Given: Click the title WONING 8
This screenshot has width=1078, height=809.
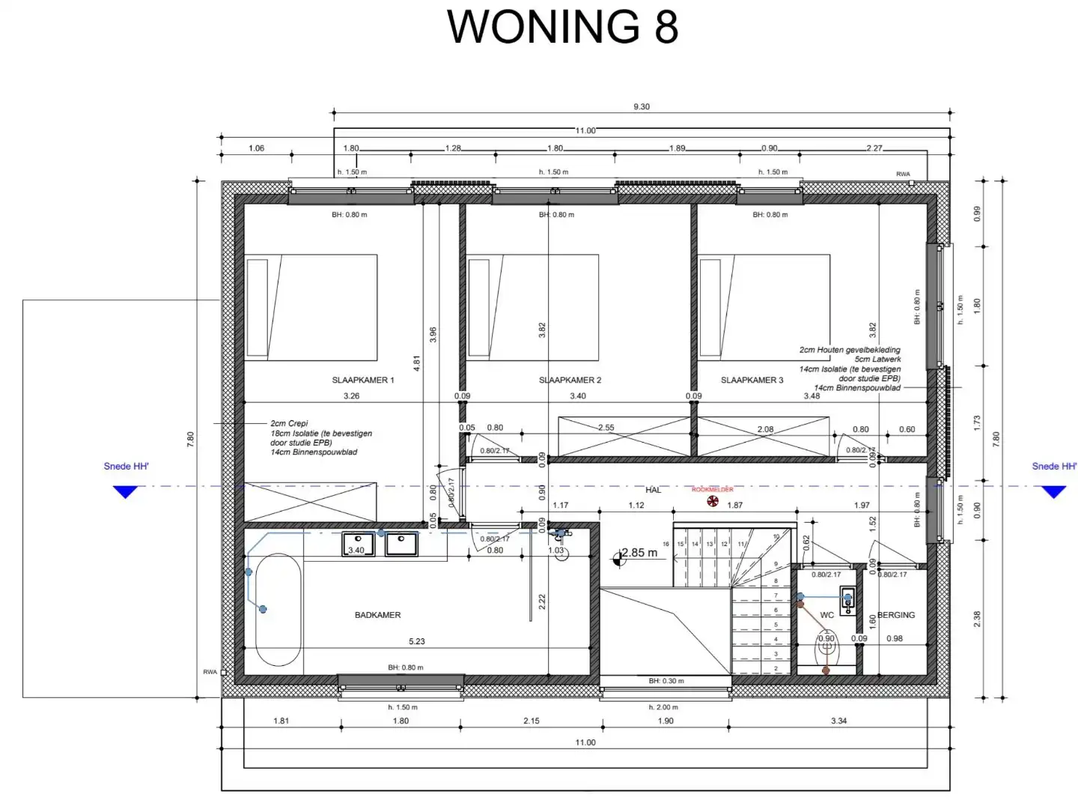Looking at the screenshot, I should pyautogui.click(x=562, y=27).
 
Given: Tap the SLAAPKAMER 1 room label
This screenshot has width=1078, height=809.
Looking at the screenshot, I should pyautogui.click(x=362, y=380).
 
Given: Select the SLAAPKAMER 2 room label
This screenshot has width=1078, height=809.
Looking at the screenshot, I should pyautogui.click(x=570, y=380).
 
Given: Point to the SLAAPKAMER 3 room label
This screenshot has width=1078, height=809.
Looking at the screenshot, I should pyautogui.click(x=752, y=380).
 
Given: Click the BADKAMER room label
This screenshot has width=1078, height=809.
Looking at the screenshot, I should pyautogui.click(x=377, y=615).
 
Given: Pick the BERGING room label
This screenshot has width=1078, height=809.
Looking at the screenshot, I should pyautogui.click(x=896, y=615).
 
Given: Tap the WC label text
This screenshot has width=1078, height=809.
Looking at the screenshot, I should pyautogui.click(x=826, y=615).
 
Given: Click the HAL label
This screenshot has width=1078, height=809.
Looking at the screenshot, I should pyautogui.click(x=653, y=490).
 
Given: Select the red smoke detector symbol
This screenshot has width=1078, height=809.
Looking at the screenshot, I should pyautogui.click(x=713, y=501).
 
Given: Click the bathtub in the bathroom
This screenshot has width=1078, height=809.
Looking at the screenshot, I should pyautogui.click(x=278, y=609).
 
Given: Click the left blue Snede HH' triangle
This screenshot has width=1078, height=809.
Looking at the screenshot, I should pyautogui.click(x=125, y=491).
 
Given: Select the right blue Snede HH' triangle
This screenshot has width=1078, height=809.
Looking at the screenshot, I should pyautogui.click(x=1053, y=491).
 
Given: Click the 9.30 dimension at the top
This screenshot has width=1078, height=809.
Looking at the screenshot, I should pyautogui.click(x=642, y=106).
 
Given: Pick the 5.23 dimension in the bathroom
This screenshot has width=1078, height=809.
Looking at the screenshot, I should pyautogui.click(x=417, y=641).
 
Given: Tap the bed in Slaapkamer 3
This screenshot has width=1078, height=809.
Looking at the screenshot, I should pyautogui.click(x=764, y=307).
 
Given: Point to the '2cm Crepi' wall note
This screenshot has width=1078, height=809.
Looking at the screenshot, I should pyautogui.click(x=290, y=423).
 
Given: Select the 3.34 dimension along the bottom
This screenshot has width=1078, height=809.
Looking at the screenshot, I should pyautogui.click(x=838, y=721).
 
